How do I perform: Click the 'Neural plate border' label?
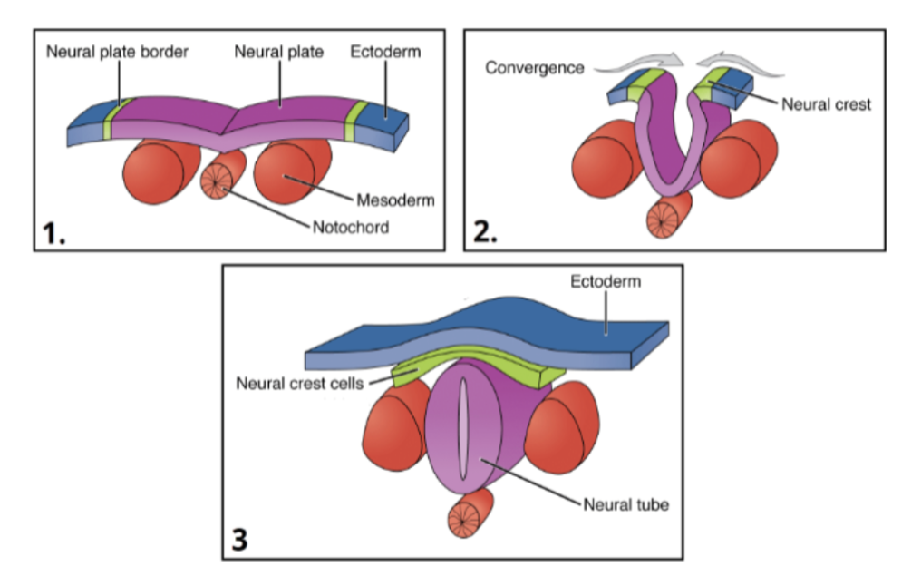coord(118,52)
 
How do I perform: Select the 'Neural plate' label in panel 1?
coord(278,52)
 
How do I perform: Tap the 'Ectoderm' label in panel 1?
coord(385,52)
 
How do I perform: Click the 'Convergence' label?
coord(535,68)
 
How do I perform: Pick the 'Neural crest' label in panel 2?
coord(826,104)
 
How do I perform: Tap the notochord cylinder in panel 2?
coord(666,218)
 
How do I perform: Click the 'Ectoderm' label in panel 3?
coord(605,281)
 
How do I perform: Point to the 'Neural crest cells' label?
coord(299,383)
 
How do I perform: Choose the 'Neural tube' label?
coord(626,503)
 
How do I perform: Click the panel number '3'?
coord(238,540)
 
